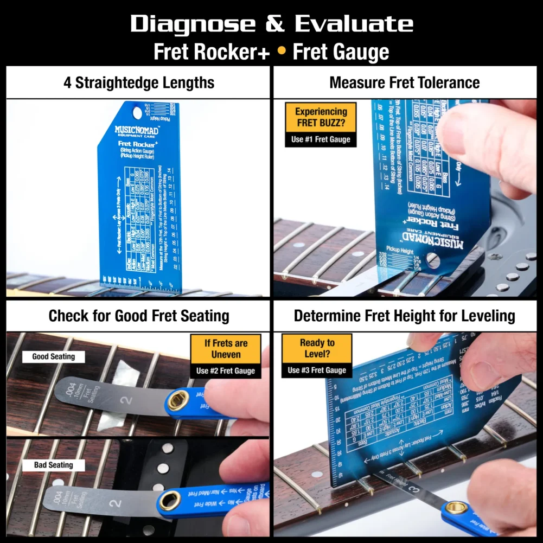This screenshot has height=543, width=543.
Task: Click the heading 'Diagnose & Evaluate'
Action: point(271,24)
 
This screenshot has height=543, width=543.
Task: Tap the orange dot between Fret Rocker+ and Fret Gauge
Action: point(281,52)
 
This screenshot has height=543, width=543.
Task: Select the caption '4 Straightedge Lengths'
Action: point(138,83)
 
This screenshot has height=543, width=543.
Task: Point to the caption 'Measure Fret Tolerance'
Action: point(405,83)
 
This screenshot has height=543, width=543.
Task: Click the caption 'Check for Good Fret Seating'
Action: point(139,316)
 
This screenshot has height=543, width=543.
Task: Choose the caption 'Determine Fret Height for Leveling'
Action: point(405,316)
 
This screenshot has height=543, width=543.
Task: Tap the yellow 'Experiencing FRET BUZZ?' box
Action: point(321,117)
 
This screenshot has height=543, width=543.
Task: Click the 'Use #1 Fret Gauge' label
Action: point(321,139)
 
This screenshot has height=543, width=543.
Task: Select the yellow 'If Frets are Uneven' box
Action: point(226,349)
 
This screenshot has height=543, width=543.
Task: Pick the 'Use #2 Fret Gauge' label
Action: point(226,372)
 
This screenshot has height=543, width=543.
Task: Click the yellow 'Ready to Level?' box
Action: point(317,349)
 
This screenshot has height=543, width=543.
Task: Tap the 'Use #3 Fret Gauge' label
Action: point(317,370)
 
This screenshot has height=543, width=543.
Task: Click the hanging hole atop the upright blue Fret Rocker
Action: point(137,112)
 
